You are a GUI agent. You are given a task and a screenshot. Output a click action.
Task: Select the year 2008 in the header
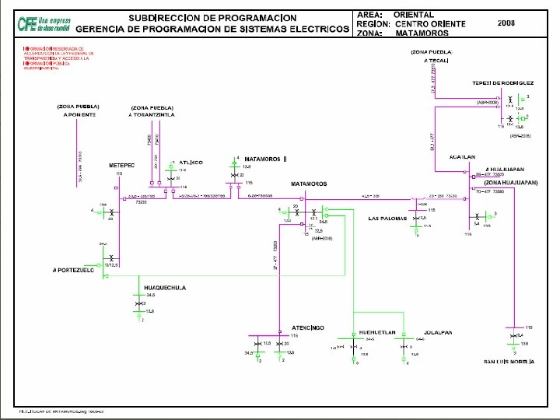[507, 24]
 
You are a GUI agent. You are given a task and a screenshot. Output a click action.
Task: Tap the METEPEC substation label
[121, 166]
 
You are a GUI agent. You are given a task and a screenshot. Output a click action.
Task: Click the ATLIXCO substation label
[191, 163]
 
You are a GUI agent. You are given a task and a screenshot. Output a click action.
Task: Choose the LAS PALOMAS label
[388, 219]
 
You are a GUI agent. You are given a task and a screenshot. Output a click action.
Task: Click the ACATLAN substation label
[462, 156]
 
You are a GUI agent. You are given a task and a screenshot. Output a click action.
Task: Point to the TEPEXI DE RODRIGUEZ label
[502, 82]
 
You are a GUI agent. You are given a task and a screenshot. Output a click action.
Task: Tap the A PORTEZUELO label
[74, 270]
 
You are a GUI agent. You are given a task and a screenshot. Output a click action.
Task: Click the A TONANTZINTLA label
[152, 114]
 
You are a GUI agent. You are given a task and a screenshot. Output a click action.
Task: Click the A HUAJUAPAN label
[504, 169]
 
